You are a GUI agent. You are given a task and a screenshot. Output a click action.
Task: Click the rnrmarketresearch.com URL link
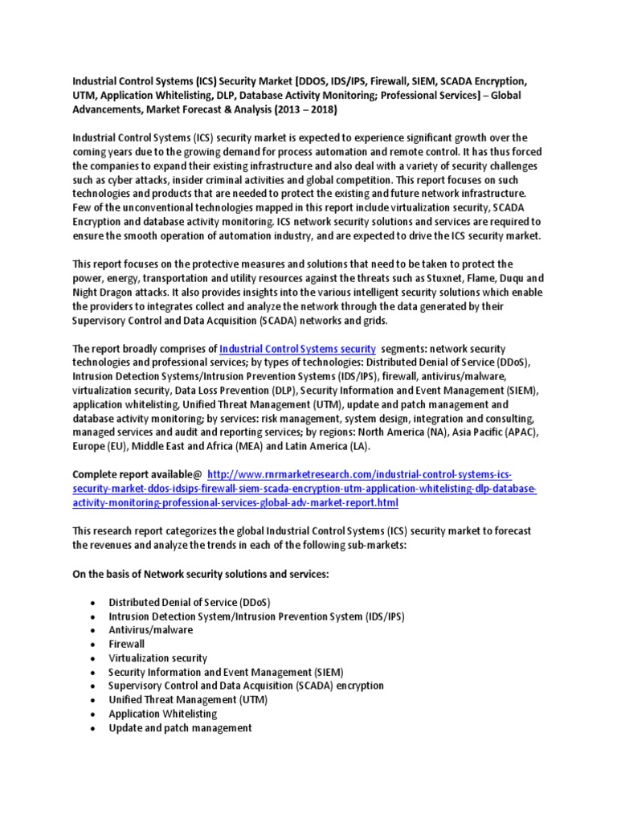[305, 489]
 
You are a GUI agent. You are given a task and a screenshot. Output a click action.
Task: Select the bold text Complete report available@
[137, 475]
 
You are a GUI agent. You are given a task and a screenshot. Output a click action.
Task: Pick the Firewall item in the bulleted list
[127, 644]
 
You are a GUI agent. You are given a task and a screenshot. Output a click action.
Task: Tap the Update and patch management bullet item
[180, 727]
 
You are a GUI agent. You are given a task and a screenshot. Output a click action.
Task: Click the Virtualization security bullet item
[158, 657]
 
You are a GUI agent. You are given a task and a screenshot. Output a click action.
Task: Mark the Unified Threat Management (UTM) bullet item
[188, 699]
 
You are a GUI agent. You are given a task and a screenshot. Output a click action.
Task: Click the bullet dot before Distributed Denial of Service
[93, 603]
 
